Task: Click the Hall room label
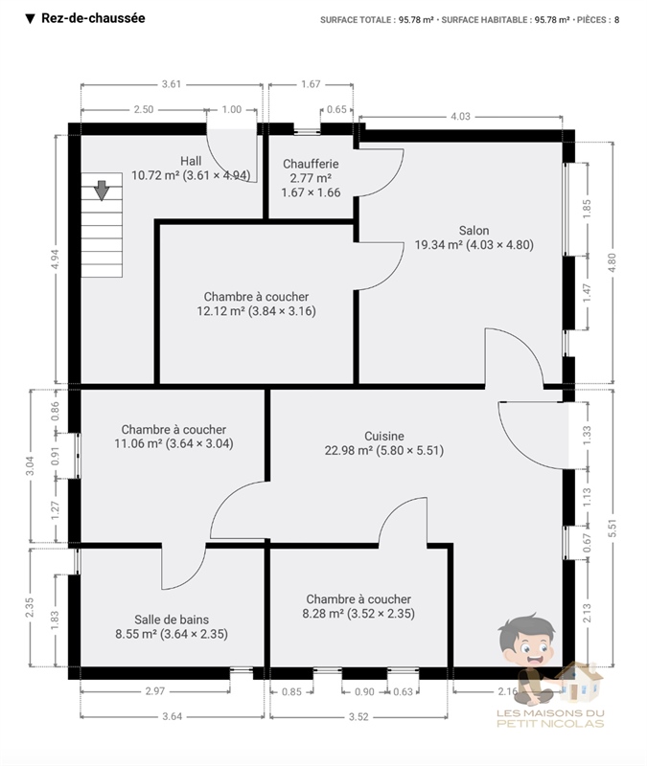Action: pos(191,161)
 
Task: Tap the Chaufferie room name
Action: pos(311,164)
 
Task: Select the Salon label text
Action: pos(474,230)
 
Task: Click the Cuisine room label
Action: pos(384,436)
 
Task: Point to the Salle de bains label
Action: pos(172,620)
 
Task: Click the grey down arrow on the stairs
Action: pos(102,191)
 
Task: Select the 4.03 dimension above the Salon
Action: pos(460,116)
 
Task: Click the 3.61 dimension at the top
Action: pos(172,84)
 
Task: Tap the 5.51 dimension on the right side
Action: pos(612,529)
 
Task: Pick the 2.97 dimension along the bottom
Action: pos(155,690)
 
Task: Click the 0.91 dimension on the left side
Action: pos(55,456)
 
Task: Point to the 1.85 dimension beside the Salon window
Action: pos(587,209)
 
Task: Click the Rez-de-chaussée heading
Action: pos(93,18)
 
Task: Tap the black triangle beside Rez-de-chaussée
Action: pos(31,19)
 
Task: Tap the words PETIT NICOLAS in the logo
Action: pos(550,724)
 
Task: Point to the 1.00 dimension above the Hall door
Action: pos(231,109)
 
